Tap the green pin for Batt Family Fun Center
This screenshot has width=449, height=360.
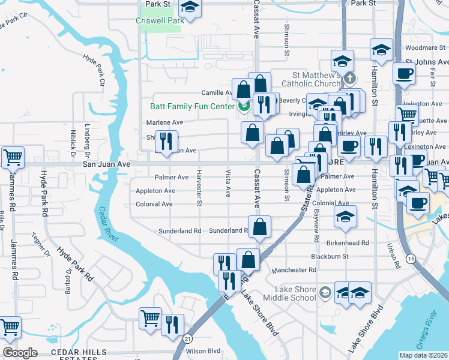click(244, 107)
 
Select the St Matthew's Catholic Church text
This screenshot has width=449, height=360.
click(317, 80)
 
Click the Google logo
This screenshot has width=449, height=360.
click(20, 353)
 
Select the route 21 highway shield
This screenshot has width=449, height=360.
click(187, 338)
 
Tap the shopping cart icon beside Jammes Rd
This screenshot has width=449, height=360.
click(12, 157)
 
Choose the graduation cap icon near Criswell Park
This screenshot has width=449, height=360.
click(190, 8)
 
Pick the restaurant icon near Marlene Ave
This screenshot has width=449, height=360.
click(166, 140)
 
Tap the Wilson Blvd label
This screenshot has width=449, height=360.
click(204, 351)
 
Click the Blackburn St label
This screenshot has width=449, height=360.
click(330, 256)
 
